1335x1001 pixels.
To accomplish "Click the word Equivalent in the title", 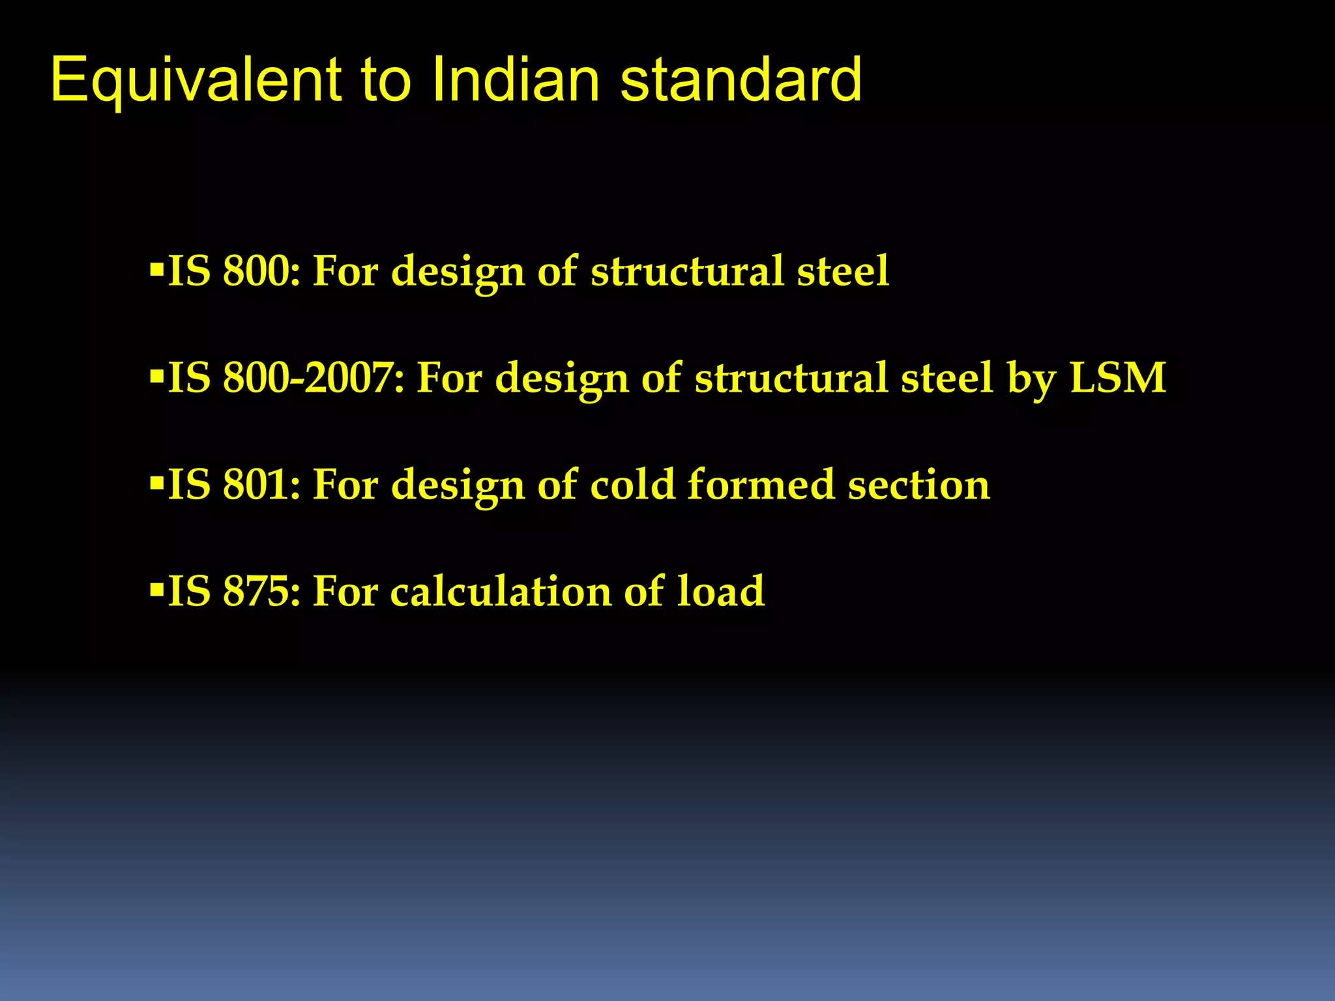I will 196,81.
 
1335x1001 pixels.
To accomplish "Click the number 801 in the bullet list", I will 261,485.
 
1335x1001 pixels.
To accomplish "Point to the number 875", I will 261,592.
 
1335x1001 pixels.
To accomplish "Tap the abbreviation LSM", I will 1118,378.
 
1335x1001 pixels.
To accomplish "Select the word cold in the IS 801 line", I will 632,485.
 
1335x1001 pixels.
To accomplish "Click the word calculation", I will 501,592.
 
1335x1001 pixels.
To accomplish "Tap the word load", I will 721,592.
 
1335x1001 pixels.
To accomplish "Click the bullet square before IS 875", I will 156,590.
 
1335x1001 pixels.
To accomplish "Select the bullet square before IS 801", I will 156,483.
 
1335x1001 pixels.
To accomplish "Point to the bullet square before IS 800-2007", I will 156,376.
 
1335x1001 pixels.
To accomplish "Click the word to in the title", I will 386,81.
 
